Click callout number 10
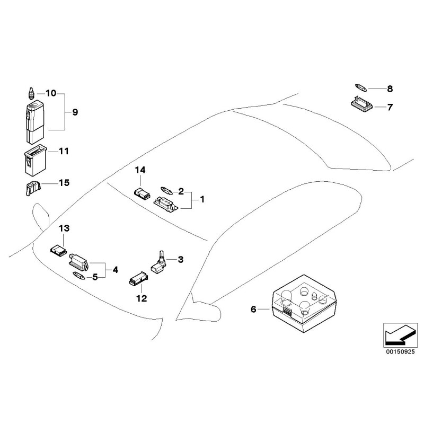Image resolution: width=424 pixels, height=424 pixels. click(51, 93)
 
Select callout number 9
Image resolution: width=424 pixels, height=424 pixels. click(74, 112)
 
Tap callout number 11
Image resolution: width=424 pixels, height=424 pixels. click(64, 151)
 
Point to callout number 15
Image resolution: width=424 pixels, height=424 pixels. click(64, 183)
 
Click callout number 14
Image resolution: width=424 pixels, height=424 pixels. click(140, 170)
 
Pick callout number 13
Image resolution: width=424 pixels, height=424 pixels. click(64, 228)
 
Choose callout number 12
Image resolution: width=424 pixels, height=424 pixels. click(142, 298)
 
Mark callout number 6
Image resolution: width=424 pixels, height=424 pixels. click(253, 309)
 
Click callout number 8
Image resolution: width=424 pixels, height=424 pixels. click(390, 89)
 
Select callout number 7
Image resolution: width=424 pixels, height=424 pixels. click(390, 107)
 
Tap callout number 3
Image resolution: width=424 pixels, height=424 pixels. click(180, 259)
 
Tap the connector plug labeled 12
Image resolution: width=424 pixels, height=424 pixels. click(137, 279)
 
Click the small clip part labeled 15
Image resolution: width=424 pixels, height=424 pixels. click(33, 187)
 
